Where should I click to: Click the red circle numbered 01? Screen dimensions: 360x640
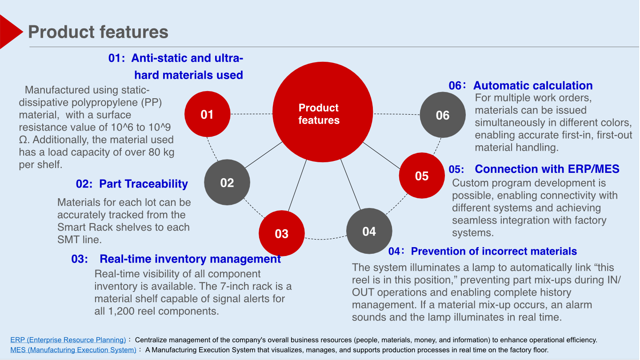tap(207, 114)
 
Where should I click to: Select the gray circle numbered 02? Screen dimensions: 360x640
tap(227, 182)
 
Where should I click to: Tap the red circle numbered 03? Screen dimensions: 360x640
tap(282, 233)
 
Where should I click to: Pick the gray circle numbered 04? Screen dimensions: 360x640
tap(369, 231)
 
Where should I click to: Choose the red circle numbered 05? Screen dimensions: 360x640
tap(422, 176)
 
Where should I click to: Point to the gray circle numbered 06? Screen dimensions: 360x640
tap(443, 115)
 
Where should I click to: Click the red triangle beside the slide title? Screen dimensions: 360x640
tap(10, 31)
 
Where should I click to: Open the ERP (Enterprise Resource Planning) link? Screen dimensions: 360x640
tap(68, 340)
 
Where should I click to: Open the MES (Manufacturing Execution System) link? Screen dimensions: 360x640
tap(73, 350)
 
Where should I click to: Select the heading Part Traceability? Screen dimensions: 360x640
tap(143, 184)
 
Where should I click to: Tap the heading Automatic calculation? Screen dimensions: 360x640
tap(533, 86)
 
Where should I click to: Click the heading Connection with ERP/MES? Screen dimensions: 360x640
tap(547, 169)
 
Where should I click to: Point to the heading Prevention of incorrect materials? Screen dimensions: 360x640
tap(494, 251)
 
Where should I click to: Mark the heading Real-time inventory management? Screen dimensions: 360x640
tap(190, 259)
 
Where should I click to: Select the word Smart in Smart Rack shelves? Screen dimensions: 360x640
tap(72, 227)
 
